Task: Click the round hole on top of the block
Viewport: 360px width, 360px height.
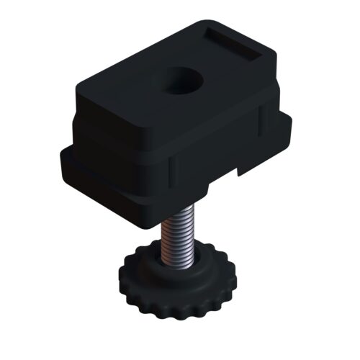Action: [x=176, y=81]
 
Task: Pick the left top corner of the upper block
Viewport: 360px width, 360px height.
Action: [x=78, y=88]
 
